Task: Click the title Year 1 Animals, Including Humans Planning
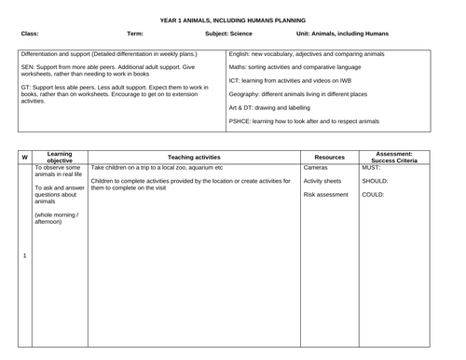232,19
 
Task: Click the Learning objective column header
61,157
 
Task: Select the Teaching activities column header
194,157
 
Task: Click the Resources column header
330,157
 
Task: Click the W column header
24,157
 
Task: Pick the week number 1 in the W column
24,256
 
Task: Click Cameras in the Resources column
316,167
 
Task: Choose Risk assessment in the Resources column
326,195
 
